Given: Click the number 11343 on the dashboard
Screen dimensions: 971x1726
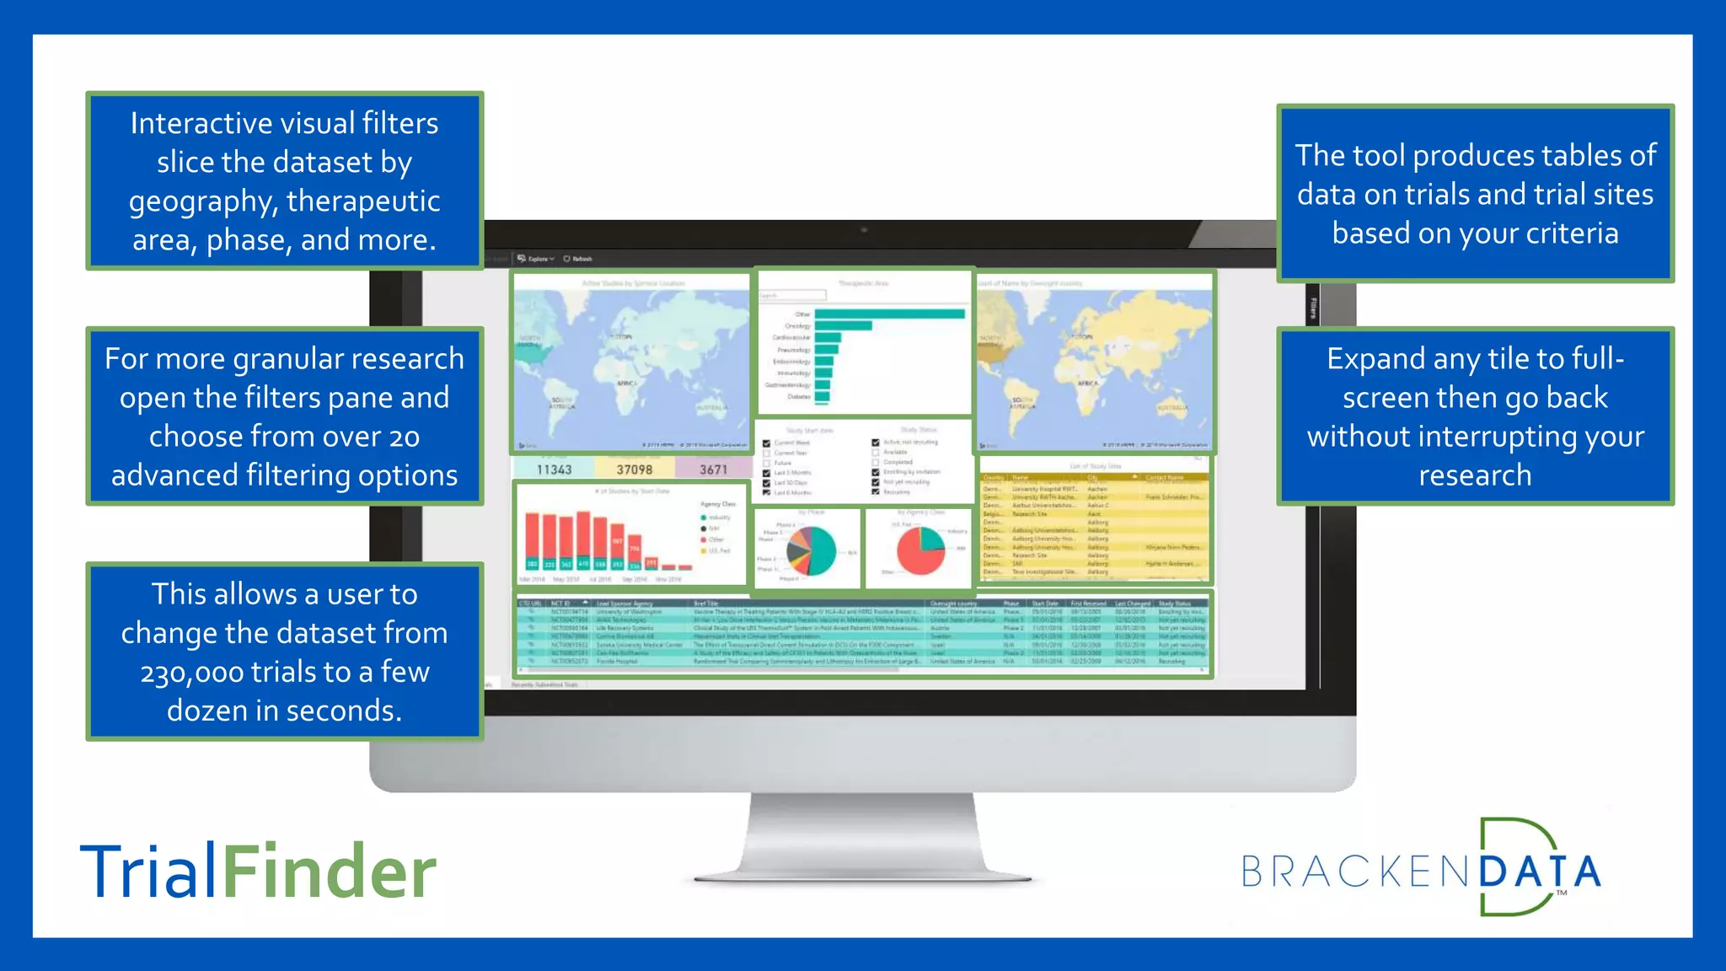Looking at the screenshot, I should click(x=554, y=469).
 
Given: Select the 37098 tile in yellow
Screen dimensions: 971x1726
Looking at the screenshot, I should click(x=634, y=469).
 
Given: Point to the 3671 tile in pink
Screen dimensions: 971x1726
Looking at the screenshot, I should click(x=713, y=469).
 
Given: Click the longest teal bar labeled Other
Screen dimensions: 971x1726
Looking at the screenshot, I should click(x=889, y=314).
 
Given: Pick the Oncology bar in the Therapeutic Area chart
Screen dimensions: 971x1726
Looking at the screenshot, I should click(x=843, y=325).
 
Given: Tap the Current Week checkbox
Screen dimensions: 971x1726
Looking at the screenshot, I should click(x=766, y=443).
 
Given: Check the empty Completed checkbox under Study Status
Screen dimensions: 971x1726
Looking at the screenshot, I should click(x=876, y=462).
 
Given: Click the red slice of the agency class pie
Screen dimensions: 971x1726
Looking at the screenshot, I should click(x=914, y=556).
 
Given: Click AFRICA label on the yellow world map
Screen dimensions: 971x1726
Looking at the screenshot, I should click(x=1087, y=384).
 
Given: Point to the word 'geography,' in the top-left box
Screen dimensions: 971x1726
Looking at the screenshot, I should click(x=203, y=201).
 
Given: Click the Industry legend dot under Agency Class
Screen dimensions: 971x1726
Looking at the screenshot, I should click(x=704, y=518).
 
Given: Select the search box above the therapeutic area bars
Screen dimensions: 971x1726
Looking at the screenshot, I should click(x=792, y=296).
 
